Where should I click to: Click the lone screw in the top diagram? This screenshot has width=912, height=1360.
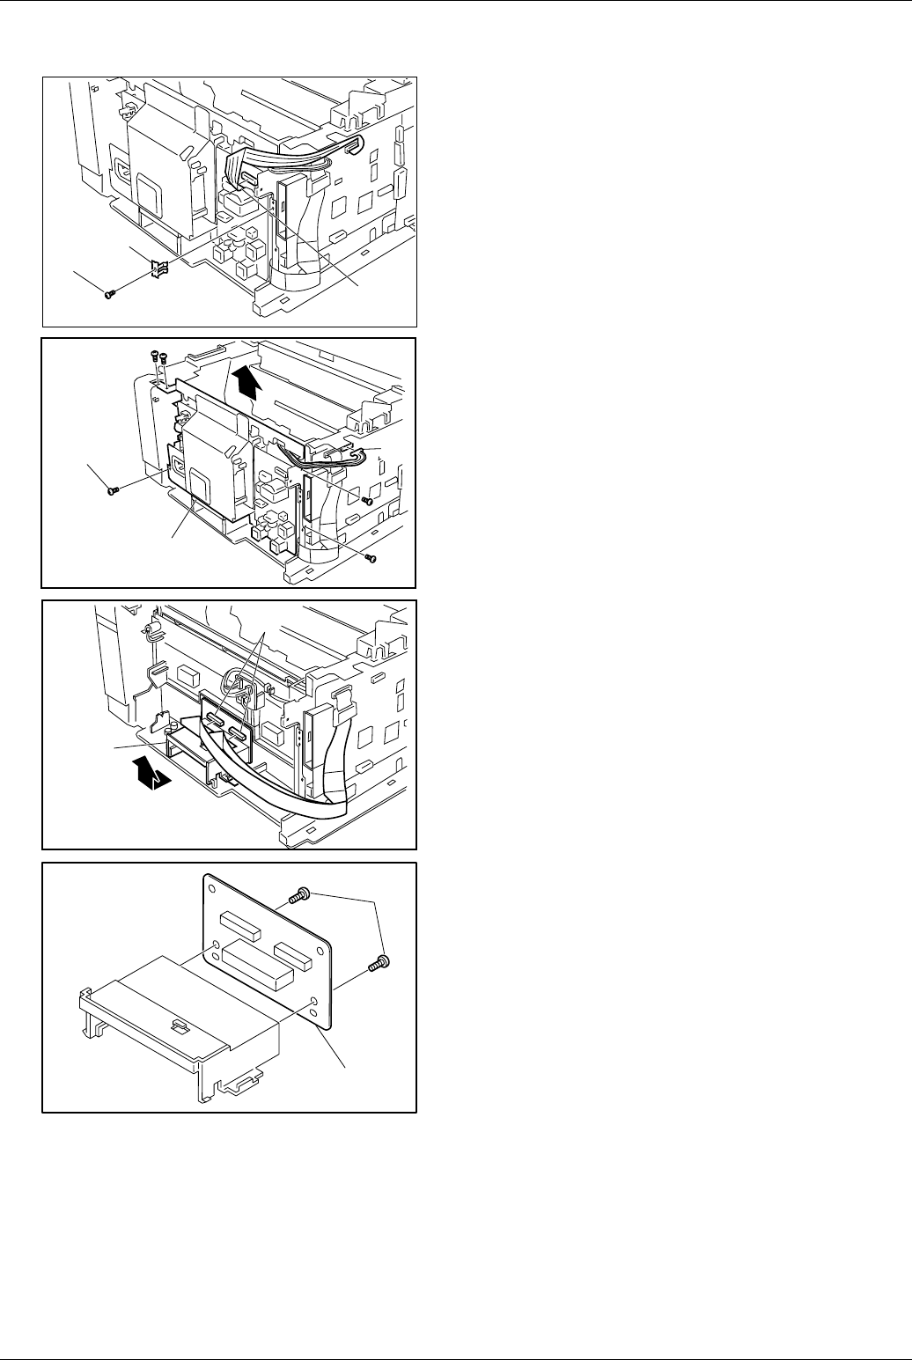pos(108,295)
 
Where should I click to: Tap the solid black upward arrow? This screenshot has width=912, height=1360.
pos(250,382)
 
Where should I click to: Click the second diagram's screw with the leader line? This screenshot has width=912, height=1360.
pos(112,490)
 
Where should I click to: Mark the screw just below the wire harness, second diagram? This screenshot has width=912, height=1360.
pos(369,500)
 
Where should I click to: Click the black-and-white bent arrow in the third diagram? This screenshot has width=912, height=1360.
pos(151,775)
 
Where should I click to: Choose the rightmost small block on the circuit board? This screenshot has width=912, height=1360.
pos(293,952)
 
